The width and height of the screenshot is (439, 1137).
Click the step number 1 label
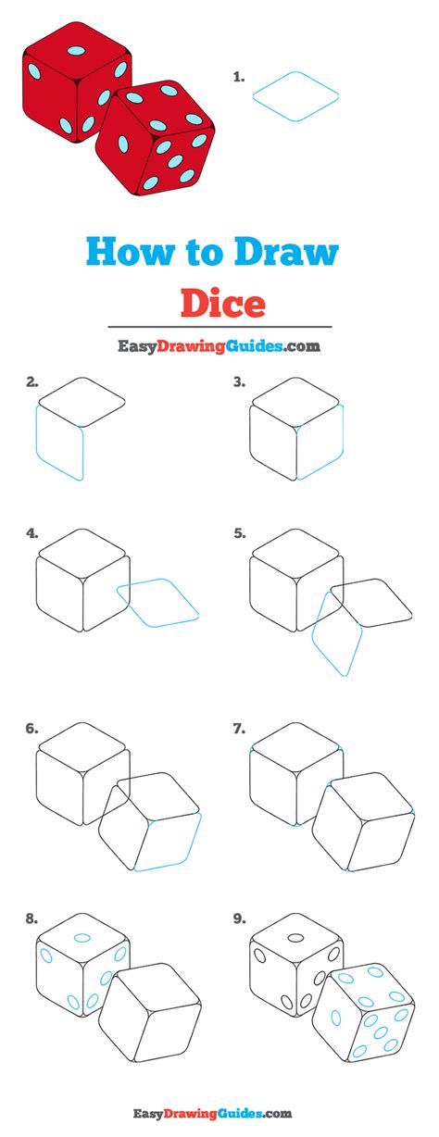pyautogui.click(x=239, y=79)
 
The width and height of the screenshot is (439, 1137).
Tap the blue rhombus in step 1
pyautogui.click(x=295, y=95)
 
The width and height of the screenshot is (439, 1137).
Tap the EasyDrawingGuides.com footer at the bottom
pyautogui.click(x=219, y=1113)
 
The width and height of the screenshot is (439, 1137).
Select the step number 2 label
pyautogui.click(x=32, y=381)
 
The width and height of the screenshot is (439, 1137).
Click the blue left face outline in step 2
pyautogui.click(x=59, y=442)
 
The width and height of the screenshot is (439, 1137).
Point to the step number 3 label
pyautogui.click(x=239, y=381)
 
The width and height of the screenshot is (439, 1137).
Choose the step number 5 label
pyautogui.click(x=239, y=533)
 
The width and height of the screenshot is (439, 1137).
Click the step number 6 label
pyautogui.click(x=32, y=729)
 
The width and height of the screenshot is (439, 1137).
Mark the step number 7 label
pyautogui.click(x=239, y=729)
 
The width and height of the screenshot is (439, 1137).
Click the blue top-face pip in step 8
pyautogui.click(x=82, y=938)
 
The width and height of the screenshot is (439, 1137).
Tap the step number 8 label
pyautogui.click(x=32, y=919)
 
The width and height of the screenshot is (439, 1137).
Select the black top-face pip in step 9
pyautogui.click(x=296, y=938)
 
